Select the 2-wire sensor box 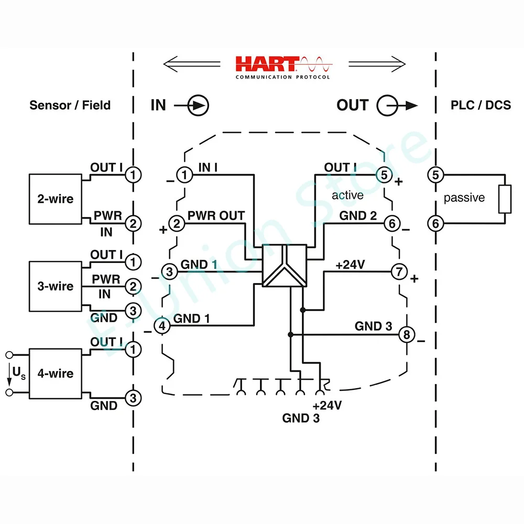(x=54, y=199)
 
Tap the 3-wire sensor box (x=54, y=287)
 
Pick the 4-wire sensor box (x=54, y=374)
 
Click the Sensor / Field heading (x=70, y=105)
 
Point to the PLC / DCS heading (x=481, y=105)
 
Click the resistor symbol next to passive (x=504, y=199)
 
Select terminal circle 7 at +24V (x=399, y=272)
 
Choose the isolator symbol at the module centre (x=284, y=266)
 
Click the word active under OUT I (x=347, y=195)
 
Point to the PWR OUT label (x=216, y=215)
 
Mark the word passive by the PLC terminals (x=464, y=198)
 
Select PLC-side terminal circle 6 (x=435, y=224)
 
